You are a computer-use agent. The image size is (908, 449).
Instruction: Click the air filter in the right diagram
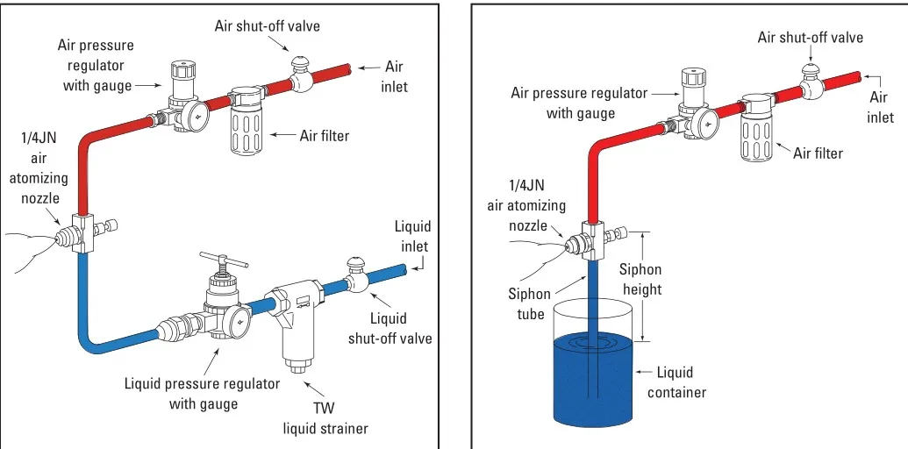click(x=755, y=131)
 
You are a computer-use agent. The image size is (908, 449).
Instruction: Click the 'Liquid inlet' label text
click(x=414, y=236)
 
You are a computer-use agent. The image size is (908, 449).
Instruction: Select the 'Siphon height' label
click(x=640, y=279)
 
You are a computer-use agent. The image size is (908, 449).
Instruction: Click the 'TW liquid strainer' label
click(x=325, y=418)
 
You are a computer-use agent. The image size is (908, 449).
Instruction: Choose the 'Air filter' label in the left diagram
click(x=324, y=135)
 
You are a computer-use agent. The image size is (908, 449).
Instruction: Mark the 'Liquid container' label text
click(x=676, y=383)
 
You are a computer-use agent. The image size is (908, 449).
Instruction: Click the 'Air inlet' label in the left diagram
click(x=394, y=75)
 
